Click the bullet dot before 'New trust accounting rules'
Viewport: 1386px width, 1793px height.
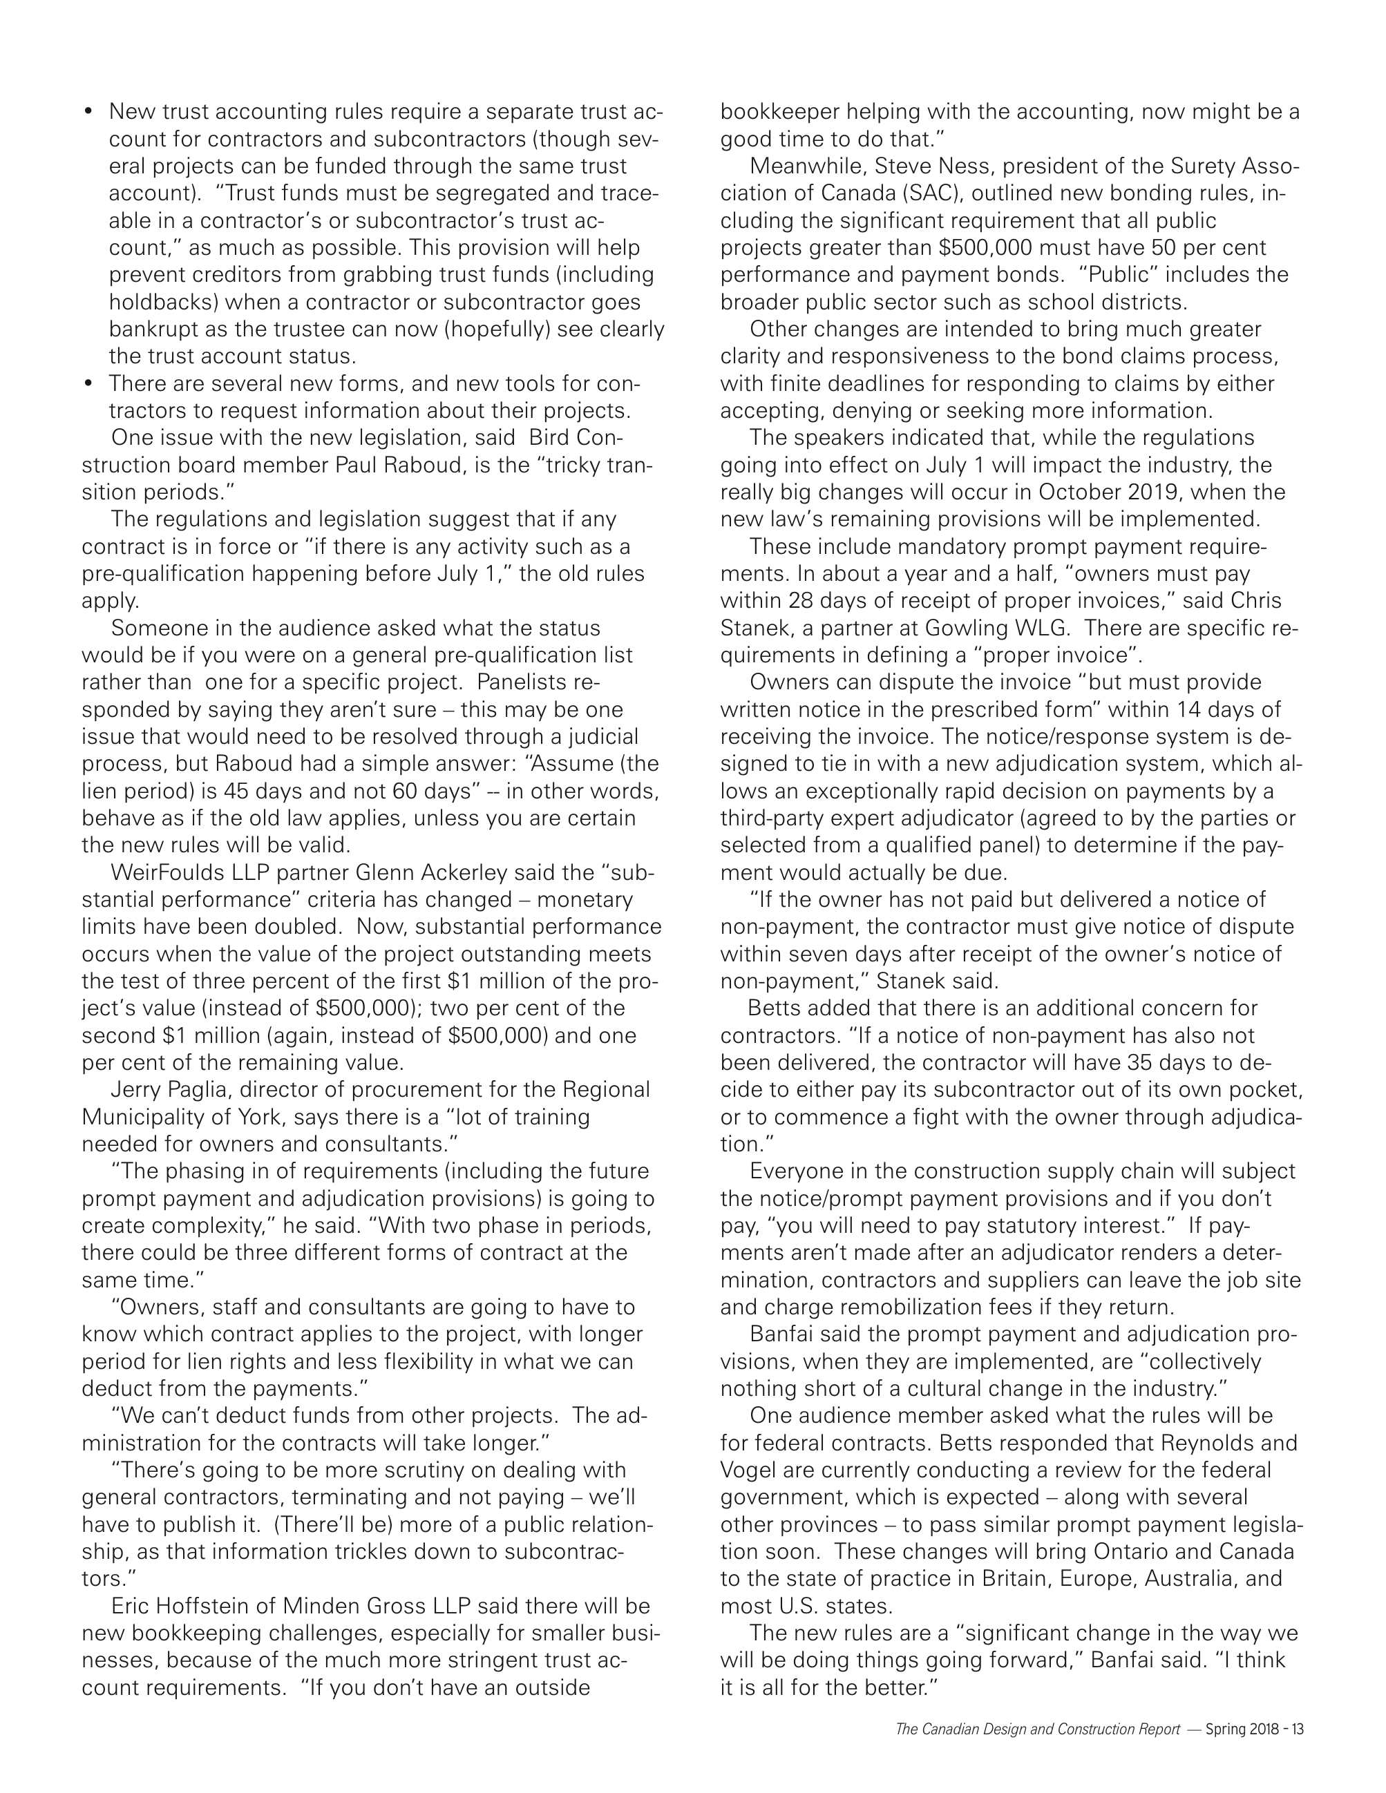[x=88, y=112]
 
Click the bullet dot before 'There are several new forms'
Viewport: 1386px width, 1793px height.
[x=88, y=383]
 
